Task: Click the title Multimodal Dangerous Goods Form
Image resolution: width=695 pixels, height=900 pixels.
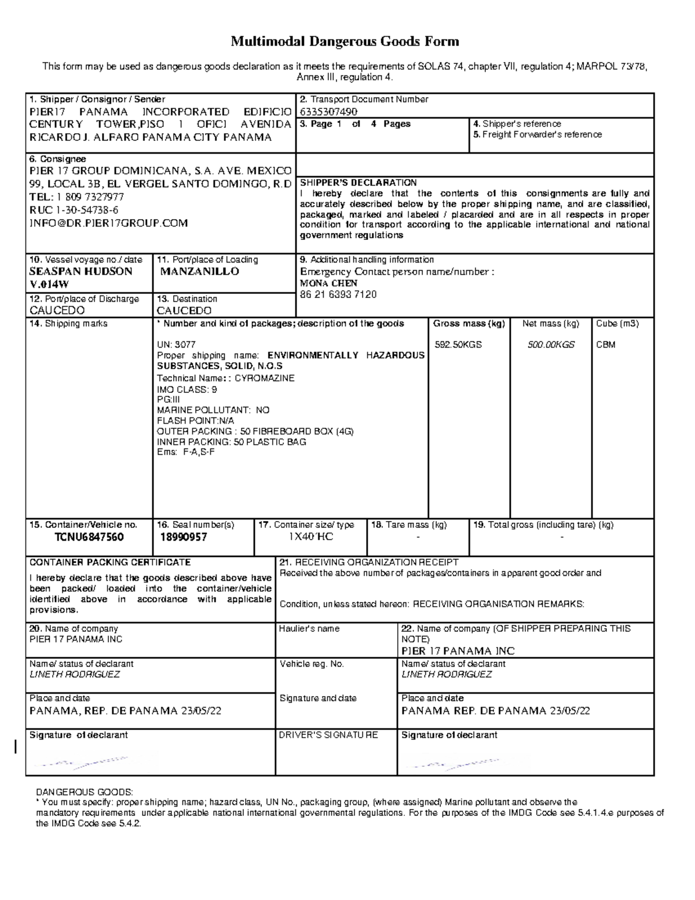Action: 345,42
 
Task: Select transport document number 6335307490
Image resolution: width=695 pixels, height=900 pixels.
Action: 328,111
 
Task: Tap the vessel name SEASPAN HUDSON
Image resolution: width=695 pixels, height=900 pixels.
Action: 81,271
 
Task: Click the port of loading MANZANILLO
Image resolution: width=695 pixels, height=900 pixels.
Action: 200,271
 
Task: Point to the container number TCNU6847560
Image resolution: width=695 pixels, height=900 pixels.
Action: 89,537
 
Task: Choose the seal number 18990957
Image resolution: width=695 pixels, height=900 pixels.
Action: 184,537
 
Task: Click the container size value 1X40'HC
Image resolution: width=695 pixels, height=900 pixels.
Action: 311,537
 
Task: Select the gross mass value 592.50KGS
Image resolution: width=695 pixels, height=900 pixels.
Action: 458,345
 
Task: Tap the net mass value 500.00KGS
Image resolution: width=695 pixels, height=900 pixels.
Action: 551,345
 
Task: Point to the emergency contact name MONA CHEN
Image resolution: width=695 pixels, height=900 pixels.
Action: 328,283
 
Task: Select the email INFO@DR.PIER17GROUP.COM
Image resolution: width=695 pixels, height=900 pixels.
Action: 109,223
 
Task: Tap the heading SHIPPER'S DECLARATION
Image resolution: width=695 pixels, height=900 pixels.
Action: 358,183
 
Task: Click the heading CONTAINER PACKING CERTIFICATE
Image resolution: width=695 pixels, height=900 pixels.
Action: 110,562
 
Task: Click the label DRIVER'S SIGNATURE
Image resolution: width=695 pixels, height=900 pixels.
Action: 328,735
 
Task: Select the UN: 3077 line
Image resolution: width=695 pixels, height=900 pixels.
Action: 176,345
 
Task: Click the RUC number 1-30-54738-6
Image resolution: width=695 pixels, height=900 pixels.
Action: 87,210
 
